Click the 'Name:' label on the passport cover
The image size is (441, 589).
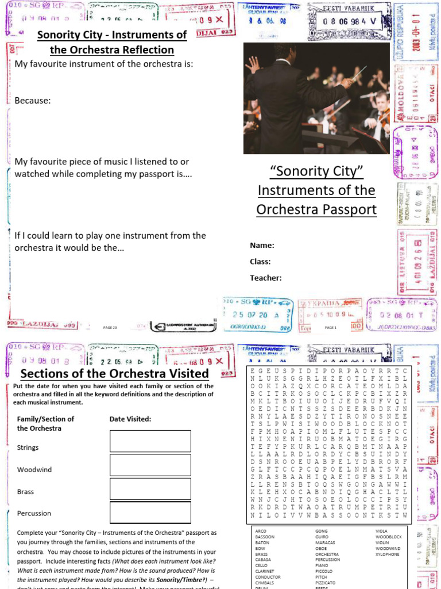[262, 246]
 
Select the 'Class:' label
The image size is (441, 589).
[260, 262]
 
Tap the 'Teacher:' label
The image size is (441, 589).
[265, 278]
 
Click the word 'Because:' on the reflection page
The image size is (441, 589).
[33, 101]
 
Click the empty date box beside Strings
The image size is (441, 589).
[150, 442]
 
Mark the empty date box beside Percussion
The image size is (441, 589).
[150, 512]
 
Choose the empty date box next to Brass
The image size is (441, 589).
[150, 488]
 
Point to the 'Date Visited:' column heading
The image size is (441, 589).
[130, 419]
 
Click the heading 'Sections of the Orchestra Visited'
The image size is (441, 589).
[114, 374]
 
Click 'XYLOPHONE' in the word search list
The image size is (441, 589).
[388, 554]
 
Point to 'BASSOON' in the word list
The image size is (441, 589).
[265, 537]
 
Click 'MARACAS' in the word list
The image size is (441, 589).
[325, 543]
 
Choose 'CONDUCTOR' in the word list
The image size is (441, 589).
[268, 577]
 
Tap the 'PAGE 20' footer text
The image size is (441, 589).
[110, 327]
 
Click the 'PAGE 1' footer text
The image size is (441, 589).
[330, 327]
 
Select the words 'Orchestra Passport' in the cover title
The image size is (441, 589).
[316, 209]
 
